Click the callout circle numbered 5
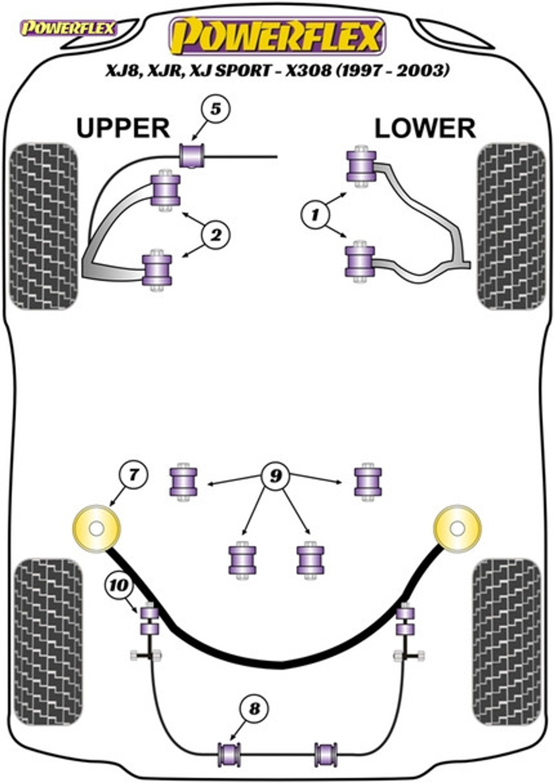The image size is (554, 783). [215, 110]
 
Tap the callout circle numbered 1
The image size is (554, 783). [316, 215]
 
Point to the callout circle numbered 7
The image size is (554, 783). [133, 474]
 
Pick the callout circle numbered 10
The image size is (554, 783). [119, 586]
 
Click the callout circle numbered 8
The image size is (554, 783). [254, 708]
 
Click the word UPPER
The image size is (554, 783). [123, 128]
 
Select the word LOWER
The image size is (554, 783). [425, 129]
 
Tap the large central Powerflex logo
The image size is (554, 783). [277, 36]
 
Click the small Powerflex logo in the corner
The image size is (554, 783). [67, 29]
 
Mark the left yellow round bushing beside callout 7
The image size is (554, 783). [96, 529]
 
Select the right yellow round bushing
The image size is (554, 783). [457, 529]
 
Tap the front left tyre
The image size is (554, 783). [44, 226]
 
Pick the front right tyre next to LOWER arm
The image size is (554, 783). [511, 226]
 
